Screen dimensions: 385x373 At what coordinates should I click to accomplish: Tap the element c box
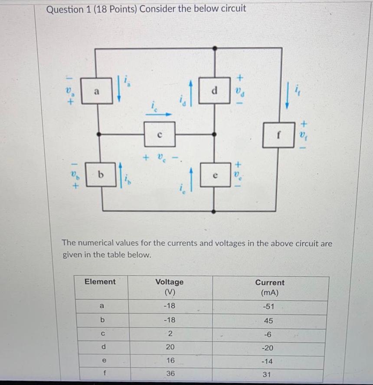pos(160,134)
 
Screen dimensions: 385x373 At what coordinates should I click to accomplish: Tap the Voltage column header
pos(170,286)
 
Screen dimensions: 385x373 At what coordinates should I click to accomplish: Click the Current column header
pos(270,287)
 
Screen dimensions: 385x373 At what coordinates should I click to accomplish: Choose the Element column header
pos(100,282)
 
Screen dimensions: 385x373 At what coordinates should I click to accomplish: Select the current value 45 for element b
pos(269,321)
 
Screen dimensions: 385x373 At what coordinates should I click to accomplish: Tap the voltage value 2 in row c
pos(170,334)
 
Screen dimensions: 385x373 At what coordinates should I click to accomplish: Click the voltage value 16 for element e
pos(170,360)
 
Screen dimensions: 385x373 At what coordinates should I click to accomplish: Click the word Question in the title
pos(64,9)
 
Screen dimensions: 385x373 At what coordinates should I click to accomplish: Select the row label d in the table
pos(102,347)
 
